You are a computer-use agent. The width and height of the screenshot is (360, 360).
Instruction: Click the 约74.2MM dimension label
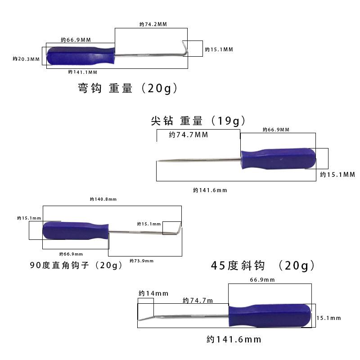153,24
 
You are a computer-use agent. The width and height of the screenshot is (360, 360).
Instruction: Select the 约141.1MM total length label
82,72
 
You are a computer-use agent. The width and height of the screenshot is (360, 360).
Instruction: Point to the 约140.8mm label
103,199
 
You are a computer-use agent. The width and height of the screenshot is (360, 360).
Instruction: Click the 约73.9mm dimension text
141,261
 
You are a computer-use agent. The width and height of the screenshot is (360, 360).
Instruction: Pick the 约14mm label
153,293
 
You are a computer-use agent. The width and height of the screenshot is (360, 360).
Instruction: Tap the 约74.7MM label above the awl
189,135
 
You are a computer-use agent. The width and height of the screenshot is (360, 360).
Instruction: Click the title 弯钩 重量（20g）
128,88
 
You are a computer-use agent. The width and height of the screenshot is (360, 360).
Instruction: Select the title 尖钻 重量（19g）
199,121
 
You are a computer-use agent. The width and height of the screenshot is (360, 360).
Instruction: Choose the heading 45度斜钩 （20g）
263,265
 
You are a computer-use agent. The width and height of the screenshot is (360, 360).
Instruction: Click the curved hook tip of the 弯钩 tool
184,47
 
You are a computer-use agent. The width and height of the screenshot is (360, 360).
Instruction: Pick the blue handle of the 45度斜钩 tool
269,316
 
